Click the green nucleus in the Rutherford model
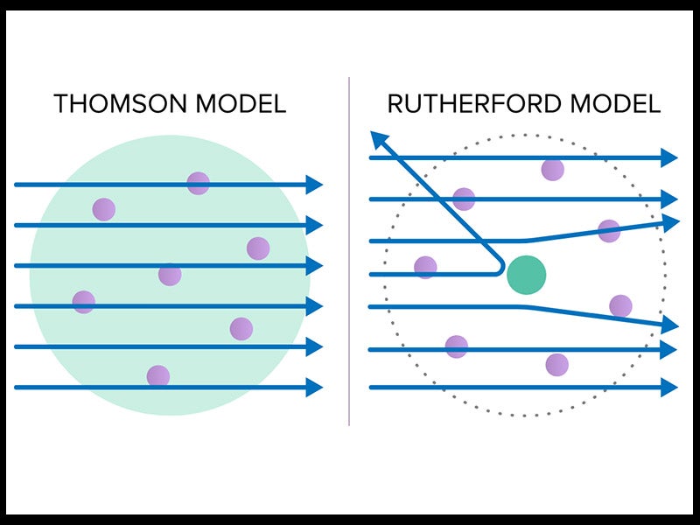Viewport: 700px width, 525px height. pyautogui.click(x=526, y=274)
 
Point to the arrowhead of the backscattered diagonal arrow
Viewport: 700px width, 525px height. pyautogui.click(x=378, y=139)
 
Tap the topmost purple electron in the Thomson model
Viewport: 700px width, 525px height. pyautogui.click(x=198, y=183)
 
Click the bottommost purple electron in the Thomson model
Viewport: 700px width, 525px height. pyautogui.click(x=157, y=375)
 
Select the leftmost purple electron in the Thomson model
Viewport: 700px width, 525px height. pyautogui.click(x=83, y=302)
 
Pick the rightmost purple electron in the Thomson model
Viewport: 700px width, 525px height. pyautogui.click(x=257, y=248)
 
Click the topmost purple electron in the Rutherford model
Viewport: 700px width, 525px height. pyautogui.click(x=552, y=169)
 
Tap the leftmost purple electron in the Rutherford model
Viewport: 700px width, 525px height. pyautogui.click(x=425, y=267)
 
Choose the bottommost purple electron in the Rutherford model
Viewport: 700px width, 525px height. pyautogui.click(x=556, y=364)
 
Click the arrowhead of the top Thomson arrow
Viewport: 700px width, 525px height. pyautogui.click(x=315, y=185)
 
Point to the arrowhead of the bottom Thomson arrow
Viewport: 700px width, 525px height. pyautogui.click(x=315, y=387)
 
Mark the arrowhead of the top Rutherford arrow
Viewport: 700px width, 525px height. pyautogui.click(x=669, y=157)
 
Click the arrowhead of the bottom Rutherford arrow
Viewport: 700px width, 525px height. pyautogui.click(x=669, y=387)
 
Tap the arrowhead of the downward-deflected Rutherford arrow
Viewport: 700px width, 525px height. pyautogui.click(x=670, y=325)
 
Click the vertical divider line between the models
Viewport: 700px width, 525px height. pyautogui.click(x=349, y=262)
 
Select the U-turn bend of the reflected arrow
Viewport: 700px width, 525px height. pyautogui.click(x=500, y=264)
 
